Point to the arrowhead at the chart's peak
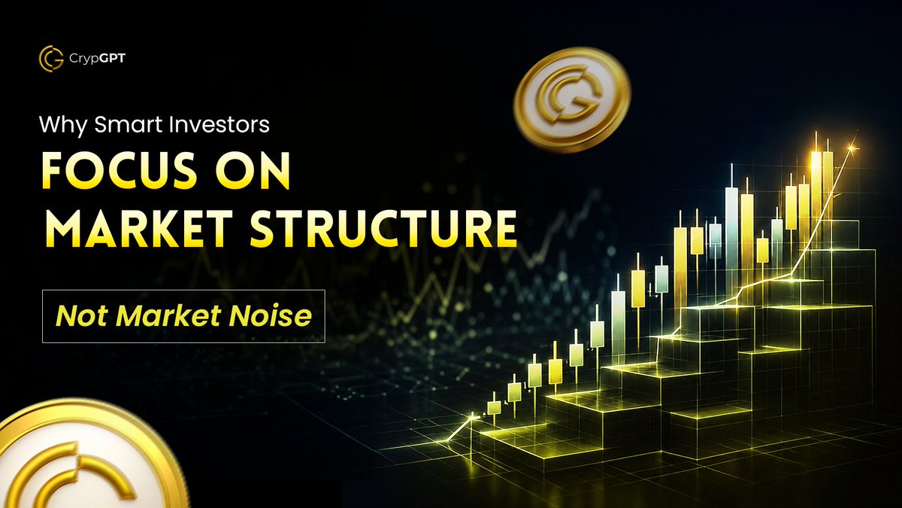(851, 150)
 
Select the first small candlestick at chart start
(494, 407)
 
